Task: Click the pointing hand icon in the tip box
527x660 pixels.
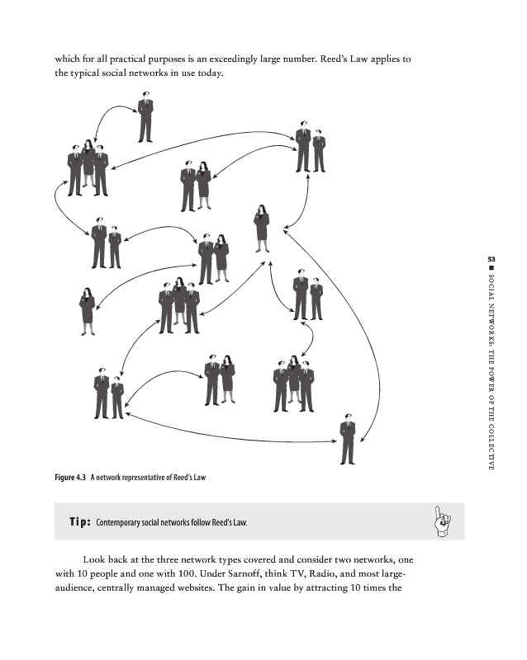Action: point(439,521)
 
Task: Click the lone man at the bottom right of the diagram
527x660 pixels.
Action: point(348,438)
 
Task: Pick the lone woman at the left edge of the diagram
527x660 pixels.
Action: point(87,310)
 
